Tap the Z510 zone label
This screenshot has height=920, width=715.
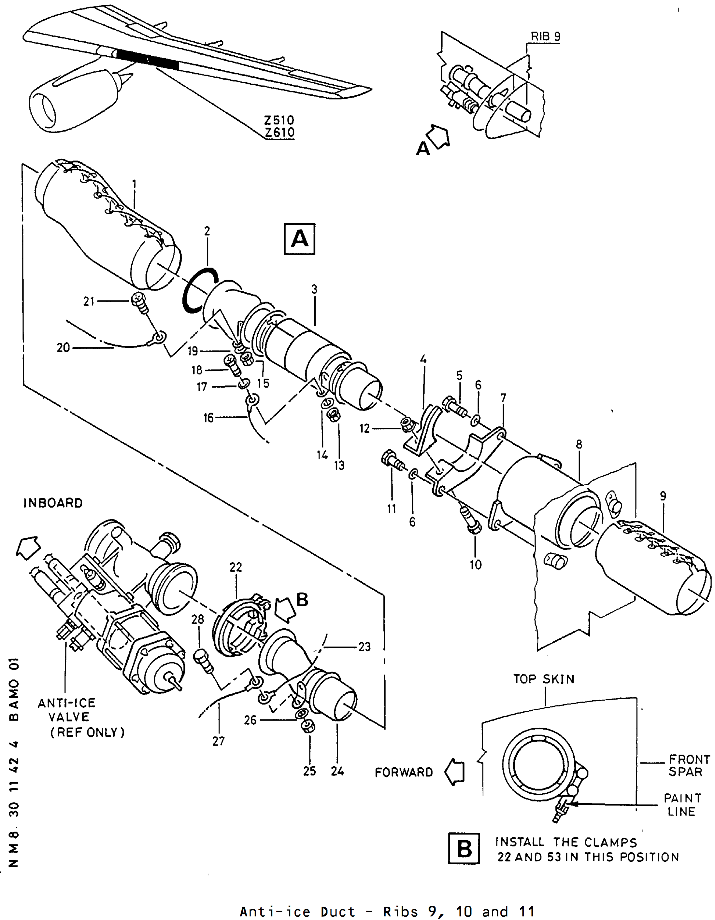pyautogui.click(x=279, y=120)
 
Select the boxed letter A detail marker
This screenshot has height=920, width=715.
pyautogui.click(x=299, y=239)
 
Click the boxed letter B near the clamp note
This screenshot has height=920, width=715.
pyautogui.click(x=464, y=848)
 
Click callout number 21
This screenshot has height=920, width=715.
pyautogui.click(x=89, y=301)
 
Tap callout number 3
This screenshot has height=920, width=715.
pyautogui.click(x=314, y=289)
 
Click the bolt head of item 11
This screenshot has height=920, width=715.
pyautogui.click(x=388, y=458)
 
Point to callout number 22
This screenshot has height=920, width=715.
pyautogui.click(x=236, y=567)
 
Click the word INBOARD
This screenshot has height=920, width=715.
pyautogui.click(x=53, y=503)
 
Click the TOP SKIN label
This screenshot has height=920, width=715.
pyautogui.click(x=543, y=679)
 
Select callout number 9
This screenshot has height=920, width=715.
pyautogui.click(x=663, y=496)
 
